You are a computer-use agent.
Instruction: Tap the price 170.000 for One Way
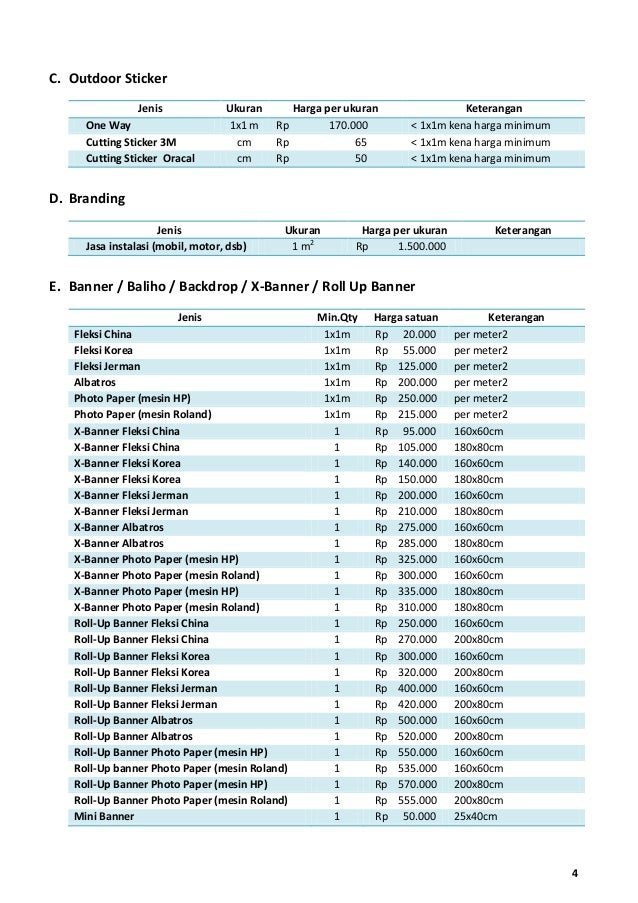point(349,127)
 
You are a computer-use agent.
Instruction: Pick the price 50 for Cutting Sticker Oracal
point(360,158)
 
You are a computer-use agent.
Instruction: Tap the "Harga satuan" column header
point(405,317)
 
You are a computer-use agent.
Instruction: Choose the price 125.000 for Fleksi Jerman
point(418,366)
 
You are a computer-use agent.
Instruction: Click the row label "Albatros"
point(94,382)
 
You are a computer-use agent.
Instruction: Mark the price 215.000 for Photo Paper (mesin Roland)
point(418,414)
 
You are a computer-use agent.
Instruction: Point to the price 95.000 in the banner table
point(420,430)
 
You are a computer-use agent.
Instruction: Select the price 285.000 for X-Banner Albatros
point(418,543)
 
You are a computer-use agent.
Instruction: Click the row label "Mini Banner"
point(104,816)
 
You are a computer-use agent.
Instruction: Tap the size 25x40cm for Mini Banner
point(476,816)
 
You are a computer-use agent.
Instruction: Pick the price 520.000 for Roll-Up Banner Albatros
point(418,736)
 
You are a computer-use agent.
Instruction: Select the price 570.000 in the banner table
point(418,784)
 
